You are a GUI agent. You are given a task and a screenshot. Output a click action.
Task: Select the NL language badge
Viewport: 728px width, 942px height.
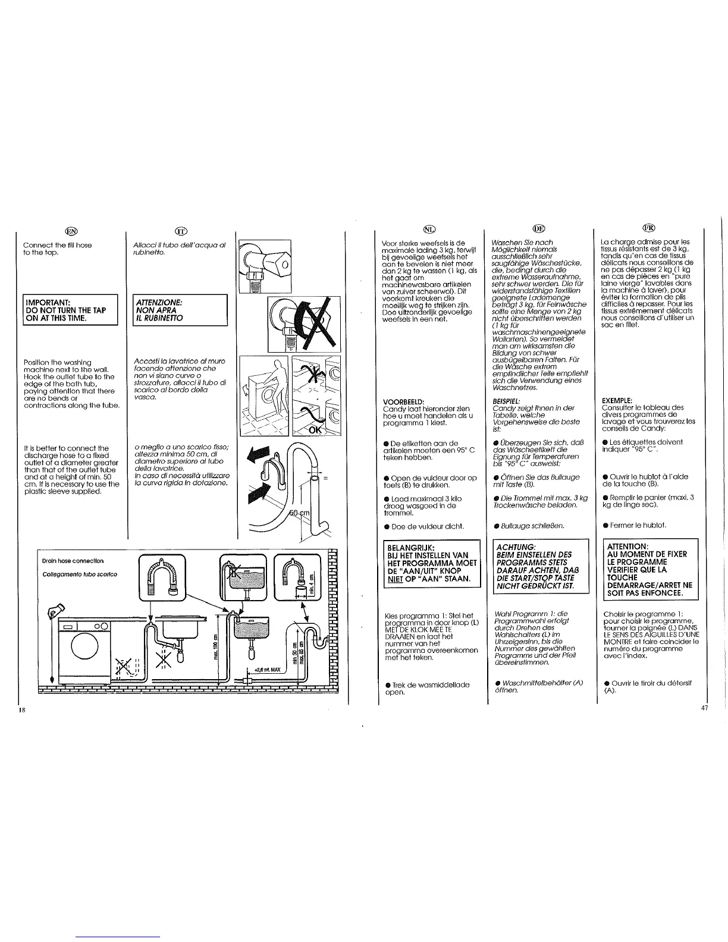(x=429, y=229)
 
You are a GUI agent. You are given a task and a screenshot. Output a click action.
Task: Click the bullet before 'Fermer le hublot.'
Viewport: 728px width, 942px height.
(x=605, y=525)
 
